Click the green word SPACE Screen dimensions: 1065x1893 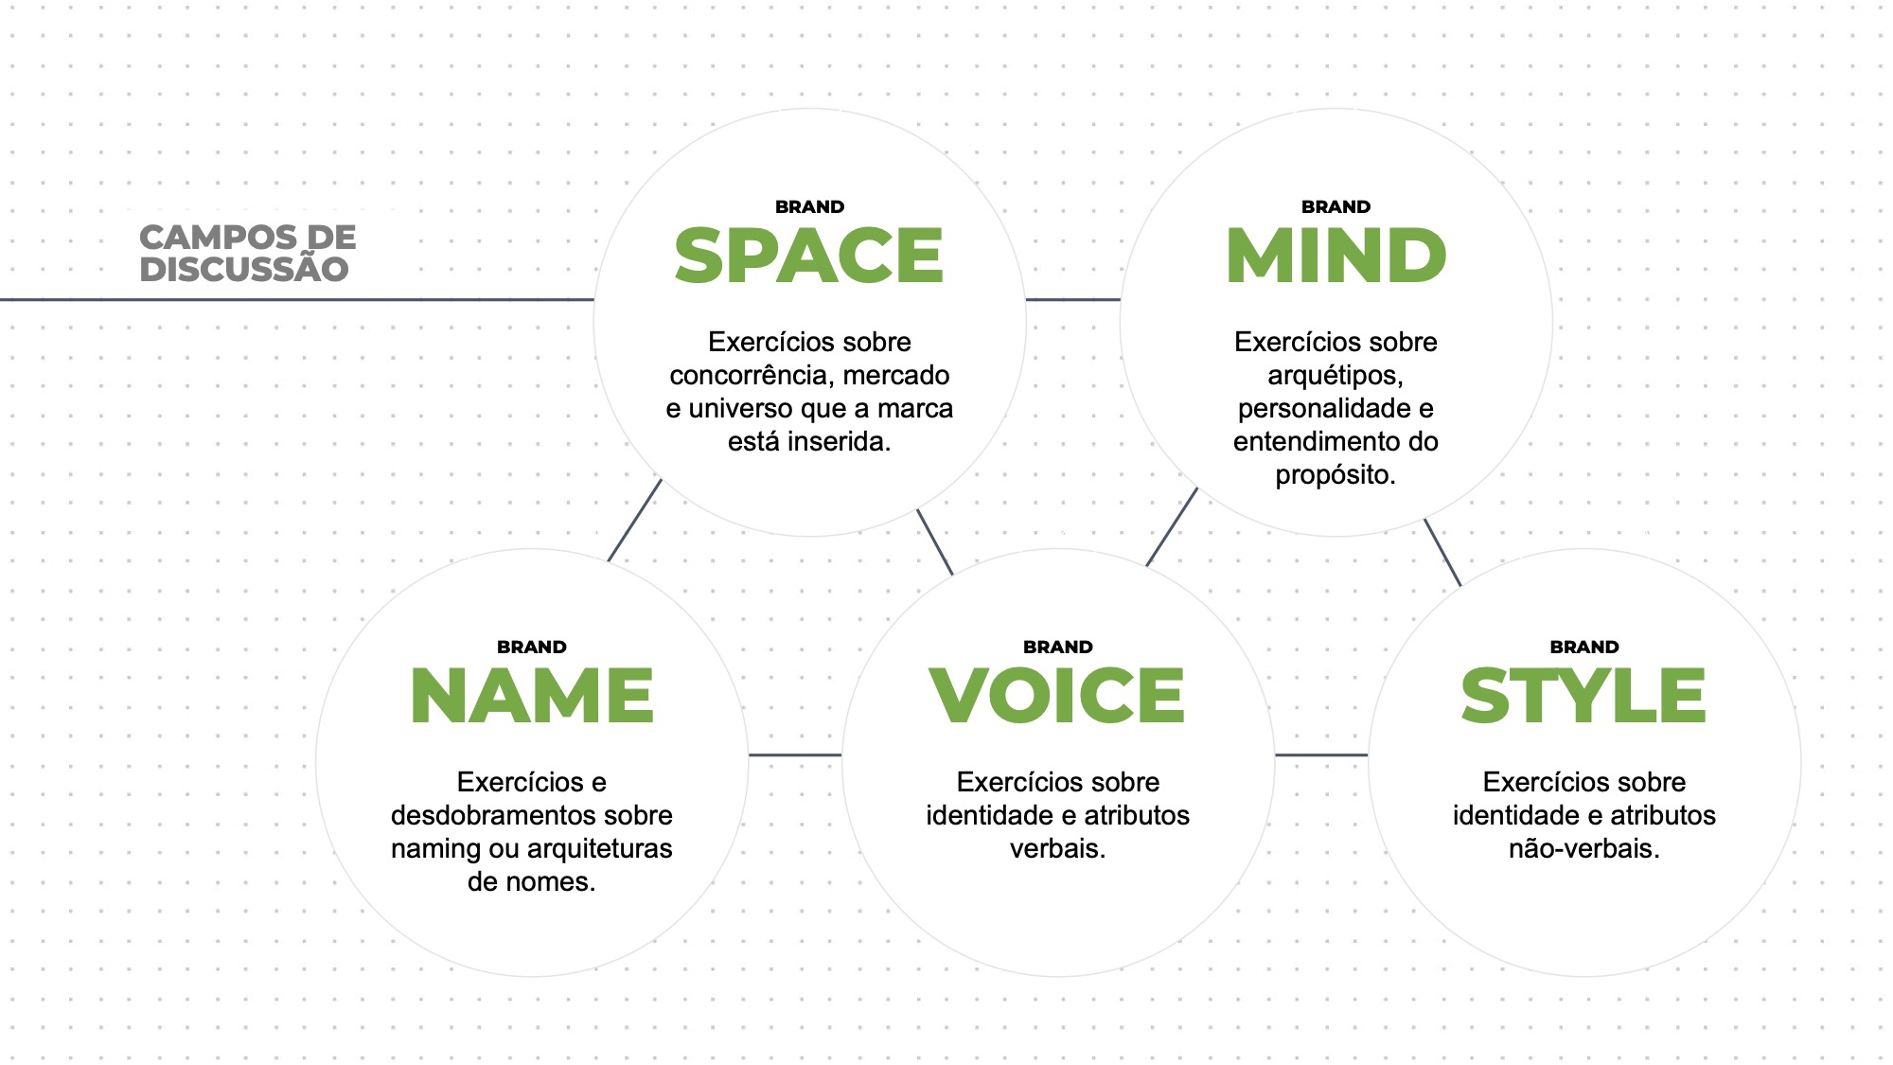coord(809,256)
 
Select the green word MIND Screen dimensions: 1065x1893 coord(1336,256)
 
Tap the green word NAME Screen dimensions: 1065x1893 coord(532,696)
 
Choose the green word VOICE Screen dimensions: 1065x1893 coord(1057,696)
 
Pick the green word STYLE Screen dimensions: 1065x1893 coord(1583,696)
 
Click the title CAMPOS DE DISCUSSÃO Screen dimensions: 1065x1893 coord(247,253)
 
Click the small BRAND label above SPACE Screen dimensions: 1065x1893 coord(809,206)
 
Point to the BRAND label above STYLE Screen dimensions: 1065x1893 coord(1583,647)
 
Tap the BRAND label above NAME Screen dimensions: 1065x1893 coord(532,647)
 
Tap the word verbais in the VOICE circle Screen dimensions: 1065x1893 coord(1055,848)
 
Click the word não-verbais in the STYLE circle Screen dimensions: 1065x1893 coord(1583,848)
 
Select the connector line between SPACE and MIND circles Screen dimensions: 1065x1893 coord(1073,300)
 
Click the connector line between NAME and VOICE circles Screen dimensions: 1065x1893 coord(795,754)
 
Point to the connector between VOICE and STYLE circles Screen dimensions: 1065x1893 coord(1321,754)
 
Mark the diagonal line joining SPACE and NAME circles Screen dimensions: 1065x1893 coord(634,520)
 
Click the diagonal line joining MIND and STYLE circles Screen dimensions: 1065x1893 coord(1442,552)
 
